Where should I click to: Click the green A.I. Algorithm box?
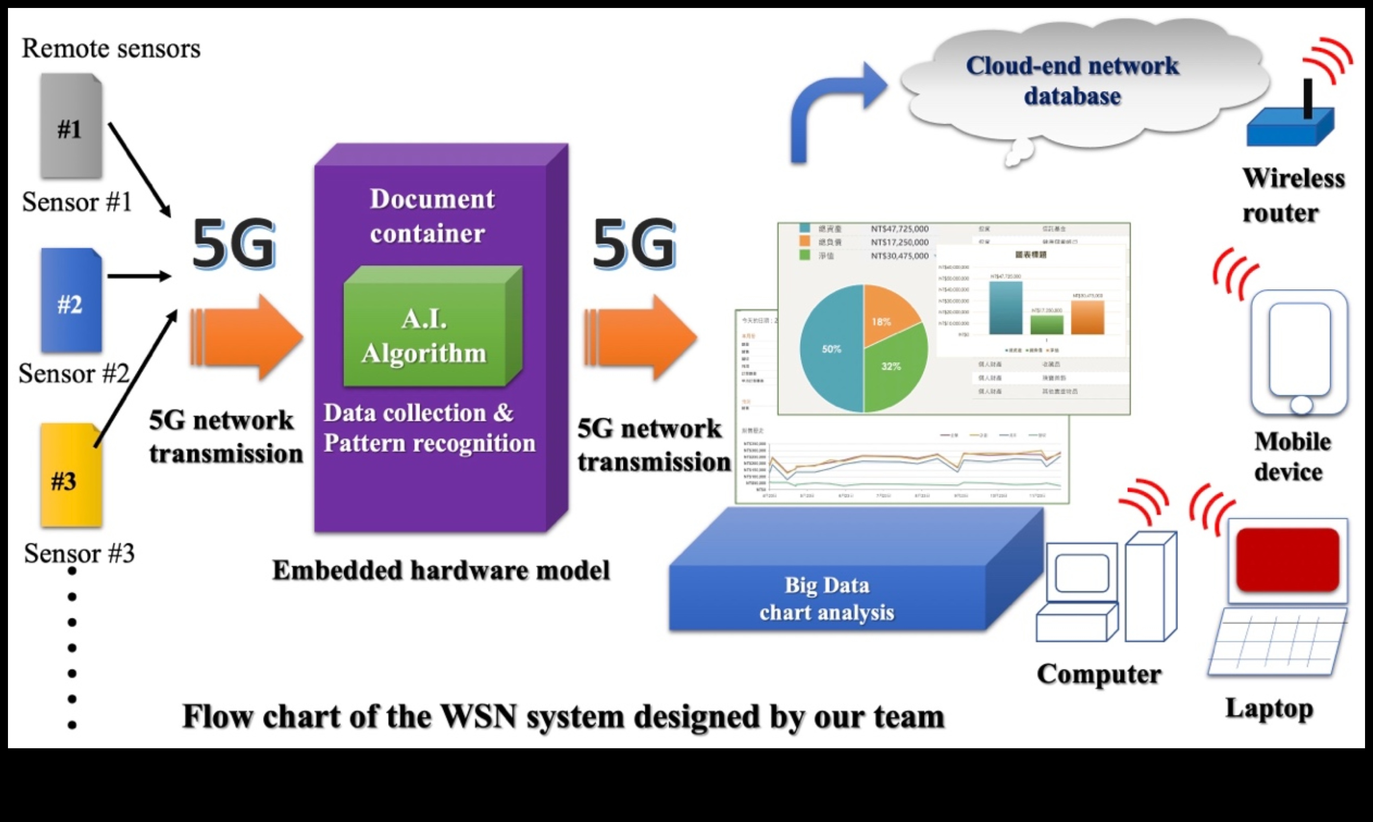coord(425,336)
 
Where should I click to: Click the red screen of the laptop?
coord(1287,559)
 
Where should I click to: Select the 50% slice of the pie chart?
coord(830,349)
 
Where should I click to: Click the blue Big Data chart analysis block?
coord(827,598)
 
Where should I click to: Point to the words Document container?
coord(432,216)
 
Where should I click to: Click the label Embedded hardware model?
coord(441,570)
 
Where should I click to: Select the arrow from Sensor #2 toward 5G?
coord(138,276)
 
